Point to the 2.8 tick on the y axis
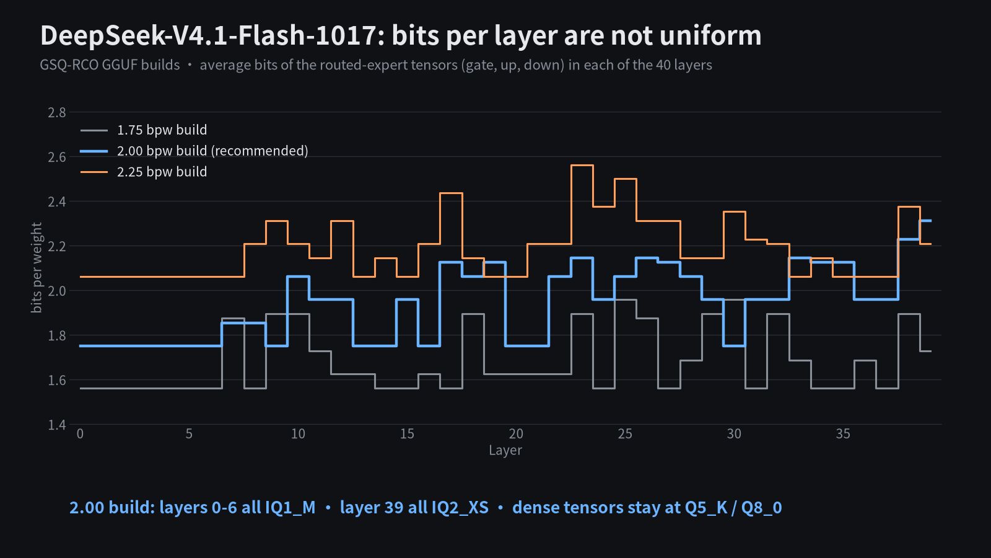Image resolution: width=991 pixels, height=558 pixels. pos(56,112)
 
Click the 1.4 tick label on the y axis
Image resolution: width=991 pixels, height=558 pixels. pos(56,425)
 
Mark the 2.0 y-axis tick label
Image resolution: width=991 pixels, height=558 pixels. pos(56,291)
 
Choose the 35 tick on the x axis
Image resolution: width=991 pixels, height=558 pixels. pos(843,433)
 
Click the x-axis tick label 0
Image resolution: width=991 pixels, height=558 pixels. pos(80,433)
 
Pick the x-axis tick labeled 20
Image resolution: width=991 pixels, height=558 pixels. pos(516,433)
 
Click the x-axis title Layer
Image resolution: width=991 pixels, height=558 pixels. pos(505,450)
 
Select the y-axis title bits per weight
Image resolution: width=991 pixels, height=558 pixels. pos(37,267)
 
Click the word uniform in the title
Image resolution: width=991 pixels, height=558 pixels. pos(710,35)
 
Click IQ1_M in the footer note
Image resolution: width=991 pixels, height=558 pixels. pos(290,508)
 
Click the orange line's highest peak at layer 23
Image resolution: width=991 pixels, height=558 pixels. pos(582,165)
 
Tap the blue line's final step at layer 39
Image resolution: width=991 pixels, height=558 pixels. pos(925,221)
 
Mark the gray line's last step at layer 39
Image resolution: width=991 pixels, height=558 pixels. pos(925,351)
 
